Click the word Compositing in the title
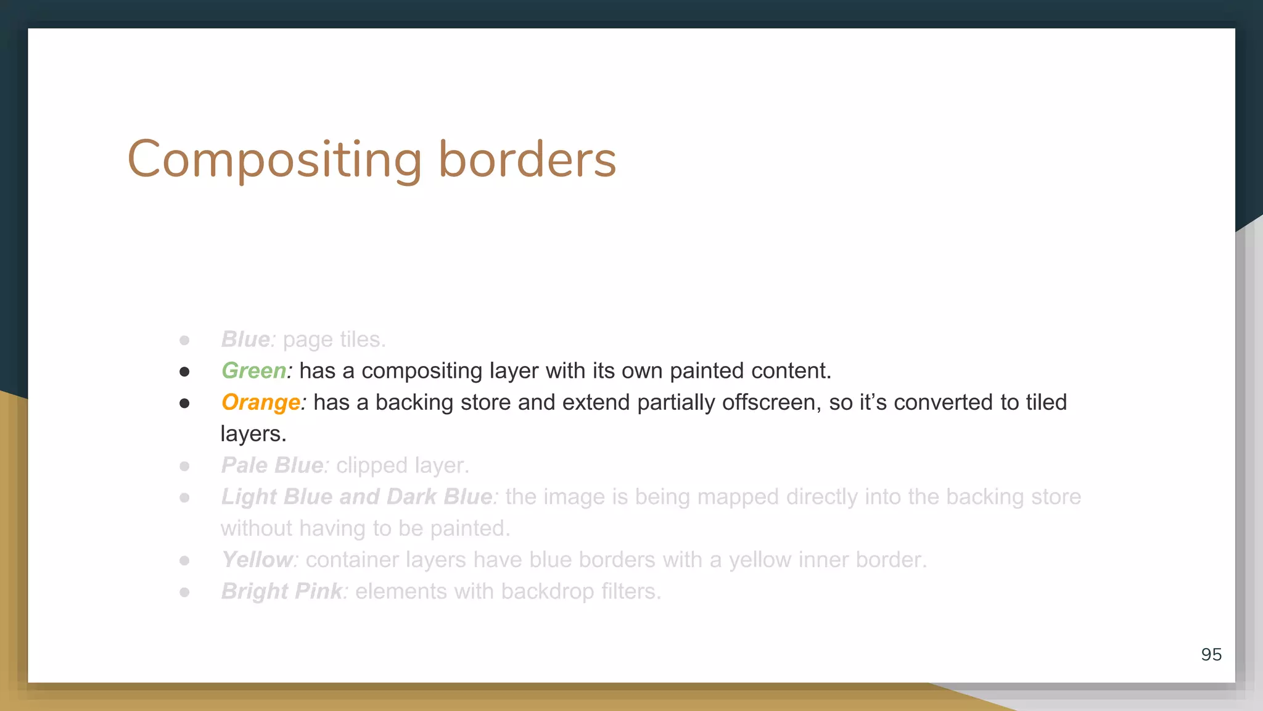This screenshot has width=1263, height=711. (274, 160)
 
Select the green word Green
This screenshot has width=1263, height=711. (253, 371)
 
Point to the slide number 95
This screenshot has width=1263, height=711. (1211, 654)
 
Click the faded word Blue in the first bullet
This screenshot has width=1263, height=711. (245, 339)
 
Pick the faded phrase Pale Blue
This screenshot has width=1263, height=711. (272, 465)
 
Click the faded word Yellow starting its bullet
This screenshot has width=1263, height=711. (257, 560)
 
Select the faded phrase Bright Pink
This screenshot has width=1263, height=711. (281, 591)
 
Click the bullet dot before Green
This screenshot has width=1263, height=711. (184, 372)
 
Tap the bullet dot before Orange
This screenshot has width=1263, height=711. (184, 404)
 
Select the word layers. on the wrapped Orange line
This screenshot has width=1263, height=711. (253, 434)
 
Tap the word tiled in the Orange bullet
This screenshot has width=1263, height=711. (1046, 402)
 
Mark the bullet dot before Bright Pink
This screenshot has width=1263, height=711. (184, 592)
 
